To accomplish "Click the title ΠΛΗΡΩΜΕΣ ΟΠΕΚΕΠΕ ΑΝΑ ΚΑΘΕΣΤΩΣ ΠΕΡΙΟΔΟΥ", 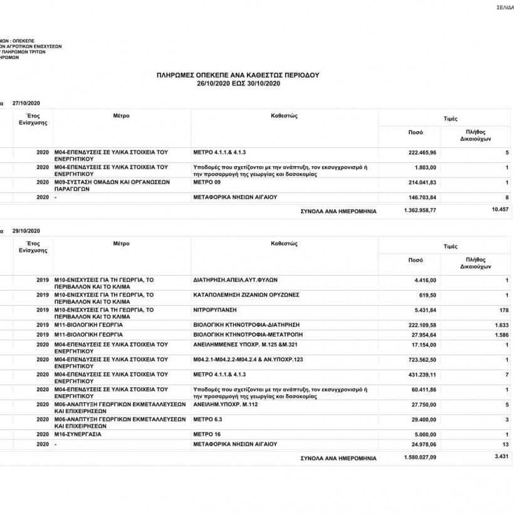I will [x=238, y=75].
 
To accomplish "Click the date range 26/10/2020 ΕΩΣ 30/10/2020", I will [x=238, y=83].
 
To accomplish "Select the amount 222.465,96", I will [x=422, y=153].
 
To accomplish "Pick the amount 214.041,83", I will [x=422, y=182].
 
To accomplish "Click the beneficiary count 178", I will [x=503, y=310].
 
